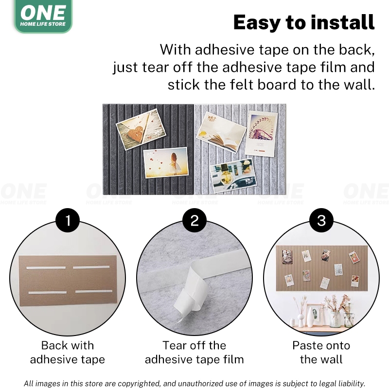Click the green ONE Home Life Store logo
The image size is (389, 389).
click(43, 16)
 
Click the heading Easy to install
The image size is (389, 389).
click(304, 22)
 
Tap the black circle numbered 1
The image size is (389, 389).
click(68, 220)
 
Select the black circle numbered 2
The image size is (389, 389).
click(194, 220)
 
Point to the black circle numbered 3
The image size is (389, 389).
click(321, 220)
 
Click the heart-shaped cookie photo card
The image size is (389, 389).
click(141, 129)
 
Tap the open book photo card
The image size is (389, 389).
click(221, 132)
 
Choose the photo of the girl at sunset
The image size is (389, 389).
click(166, 162)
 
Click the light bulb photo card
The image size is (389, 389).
click(233, 176)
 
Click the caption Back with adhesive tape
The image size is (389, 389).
click(68, 352)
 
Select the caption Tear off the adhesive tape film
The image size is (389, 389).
click(194, 352)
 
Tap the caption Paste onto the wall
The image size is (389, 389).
click(321, 352)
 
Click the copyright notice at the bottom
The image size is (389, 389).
click(194, 383)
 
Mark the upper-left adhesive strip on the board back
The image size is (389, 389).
click(46, 268)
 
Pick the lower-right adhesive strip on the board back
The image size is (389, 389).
click(94, 291)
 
